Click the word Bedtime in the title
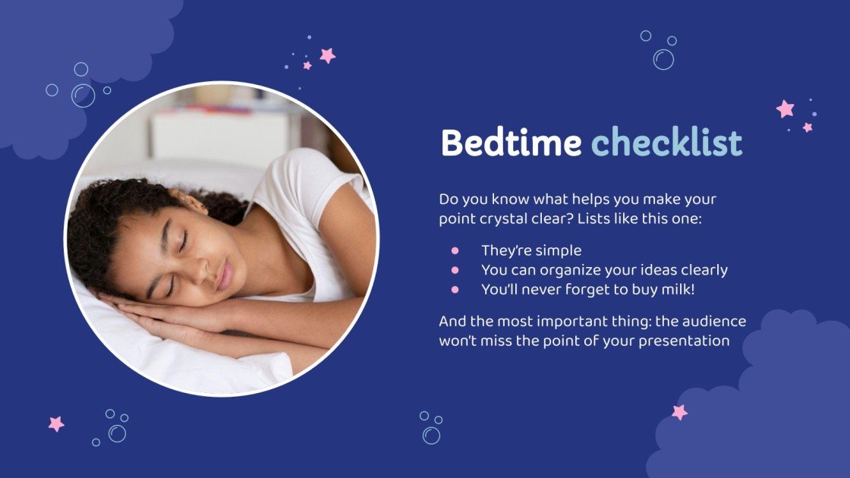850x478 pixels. [x=511, y=143]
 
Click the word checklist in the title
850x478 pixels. [x=666, y=143]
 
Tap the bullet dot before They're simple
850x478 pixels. [x=455, y=250]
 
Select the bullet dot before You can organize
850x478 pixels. [x=455, y=269]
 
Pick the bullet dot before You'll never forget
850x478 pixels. [x=455, y=289]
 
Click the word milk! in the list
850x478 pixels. [x=677, y=289]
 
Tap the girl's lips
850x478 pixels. [x=225, y=275]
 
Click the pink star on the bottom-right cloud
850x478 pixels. [x=679, y=412]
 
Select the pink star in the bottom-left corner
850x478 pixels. [x=56, y=423]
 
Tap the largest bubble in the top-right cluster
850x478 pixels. [x=663, y=59]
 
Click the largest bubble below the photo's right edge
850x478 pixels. [x=431, y=435]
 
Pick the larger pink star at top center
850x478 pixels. [x=328, y=55]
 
